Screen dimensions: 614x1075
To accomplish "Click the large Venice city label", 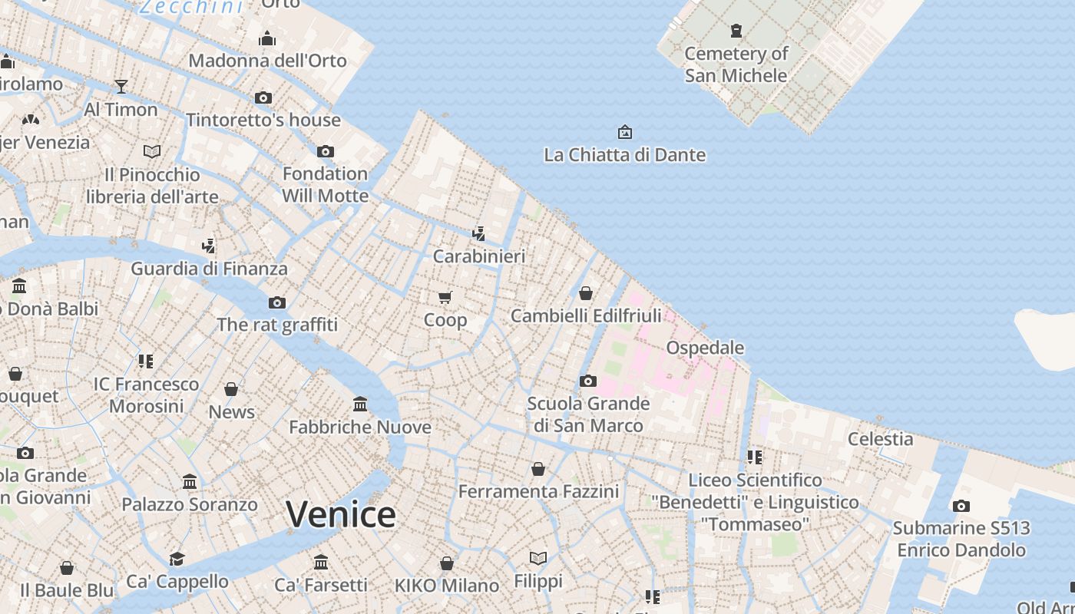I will click(x=341, y=514).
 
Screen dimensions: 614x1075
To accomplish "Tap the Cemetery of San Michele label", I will click(x=736, y=64).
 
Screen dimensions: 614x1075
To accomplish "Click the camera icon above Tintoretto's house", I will click(x=263, y=97).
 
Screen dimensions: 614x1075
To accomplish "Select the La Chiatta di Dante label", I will click(x=624, y=155).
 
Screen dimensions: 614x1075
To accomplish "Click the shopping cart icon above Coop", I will click(x=445, y=297).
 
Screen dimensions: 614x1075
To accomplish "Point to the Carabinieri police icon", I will click(x=478, y=233).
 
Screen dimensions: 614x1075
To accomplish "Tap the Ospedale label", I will click(x=705, y=348).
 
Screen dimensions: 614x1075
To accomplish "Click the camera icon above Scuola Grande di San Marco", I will click(x=588, y=381).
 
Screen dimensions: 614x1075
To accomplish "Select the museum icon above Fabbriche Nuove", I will click(x=360, y=404).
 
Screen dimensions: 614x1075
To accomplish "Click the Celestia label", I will click(x=880, y=439).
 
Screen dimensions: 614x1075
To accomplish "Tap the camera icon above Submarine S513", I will click(x=961, y=506).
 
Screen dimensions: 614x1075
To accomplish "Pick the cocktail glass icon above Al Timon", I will click(x=121, y=86).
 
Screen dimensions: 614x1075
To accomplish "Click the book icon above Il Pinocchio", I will click(x=152, y=151).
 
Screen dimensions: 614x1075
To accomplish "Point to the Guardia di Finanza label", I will click(x=209, y=269).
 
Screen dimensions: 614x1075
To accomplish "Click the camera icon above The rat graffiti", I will click(x=277, y=302).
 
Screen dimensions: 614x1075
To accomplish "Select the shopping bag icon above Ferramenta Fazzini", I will click(x=538, y=468).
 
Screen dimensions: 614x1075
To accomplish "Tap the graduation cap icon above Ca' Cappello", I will click(x=177, y=558).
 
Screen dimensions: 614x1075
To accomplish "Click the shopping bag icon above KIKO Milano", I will click(x=447, y=563).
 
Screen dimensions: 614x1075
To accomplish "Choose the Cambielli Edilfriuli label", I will click(x=585, y=315).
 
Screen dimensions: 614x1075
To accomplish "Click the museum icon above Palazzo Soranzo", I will click(x=190, y=481).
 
